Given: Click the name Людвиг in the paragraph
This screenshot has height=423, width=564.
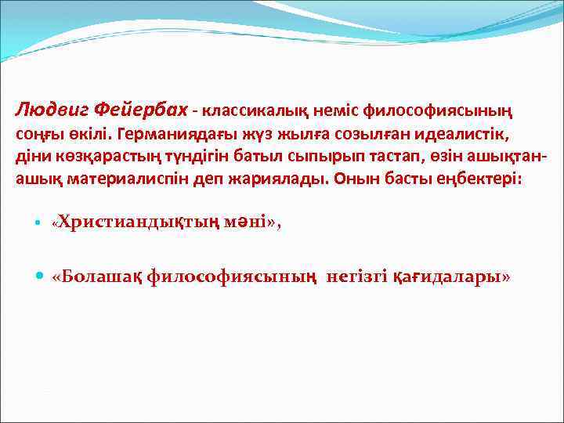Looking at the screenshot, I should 52,110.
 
